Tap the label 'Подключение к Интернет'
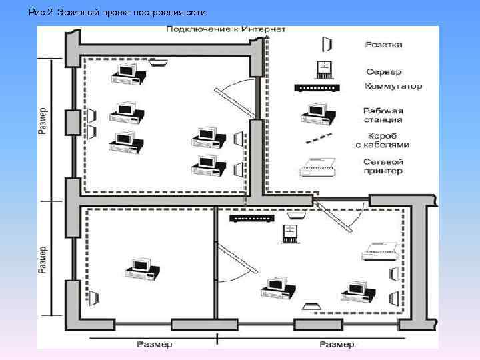(x=227, y=30)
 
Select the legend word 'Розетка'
(x=383, y=45)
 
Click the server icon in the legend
(x=323, y=69)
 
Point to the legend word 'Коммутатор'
(x=393, y=87)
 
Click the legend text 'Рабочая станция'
(x=383, y=115)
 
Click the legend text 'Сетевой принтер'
(x=383, y=165)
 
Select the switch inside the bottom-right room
(x=251, y=217)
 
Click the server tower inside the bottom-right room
(x=290, y=233)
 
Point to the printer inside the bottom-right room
(x=381, y=250)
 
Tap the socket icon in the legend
(x=327, y=44)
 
